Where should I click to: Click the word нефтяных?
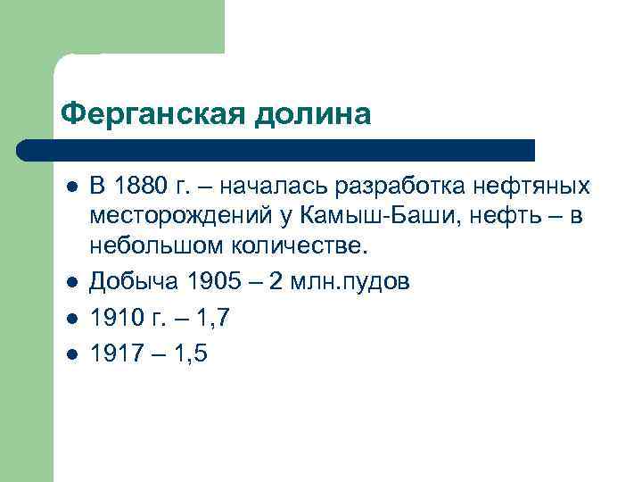point(531,187)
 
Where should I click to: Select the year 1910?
point(113,318)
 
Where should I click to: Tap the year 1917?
point(113,353)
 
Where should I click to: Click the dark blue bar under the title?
point(276,149)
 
